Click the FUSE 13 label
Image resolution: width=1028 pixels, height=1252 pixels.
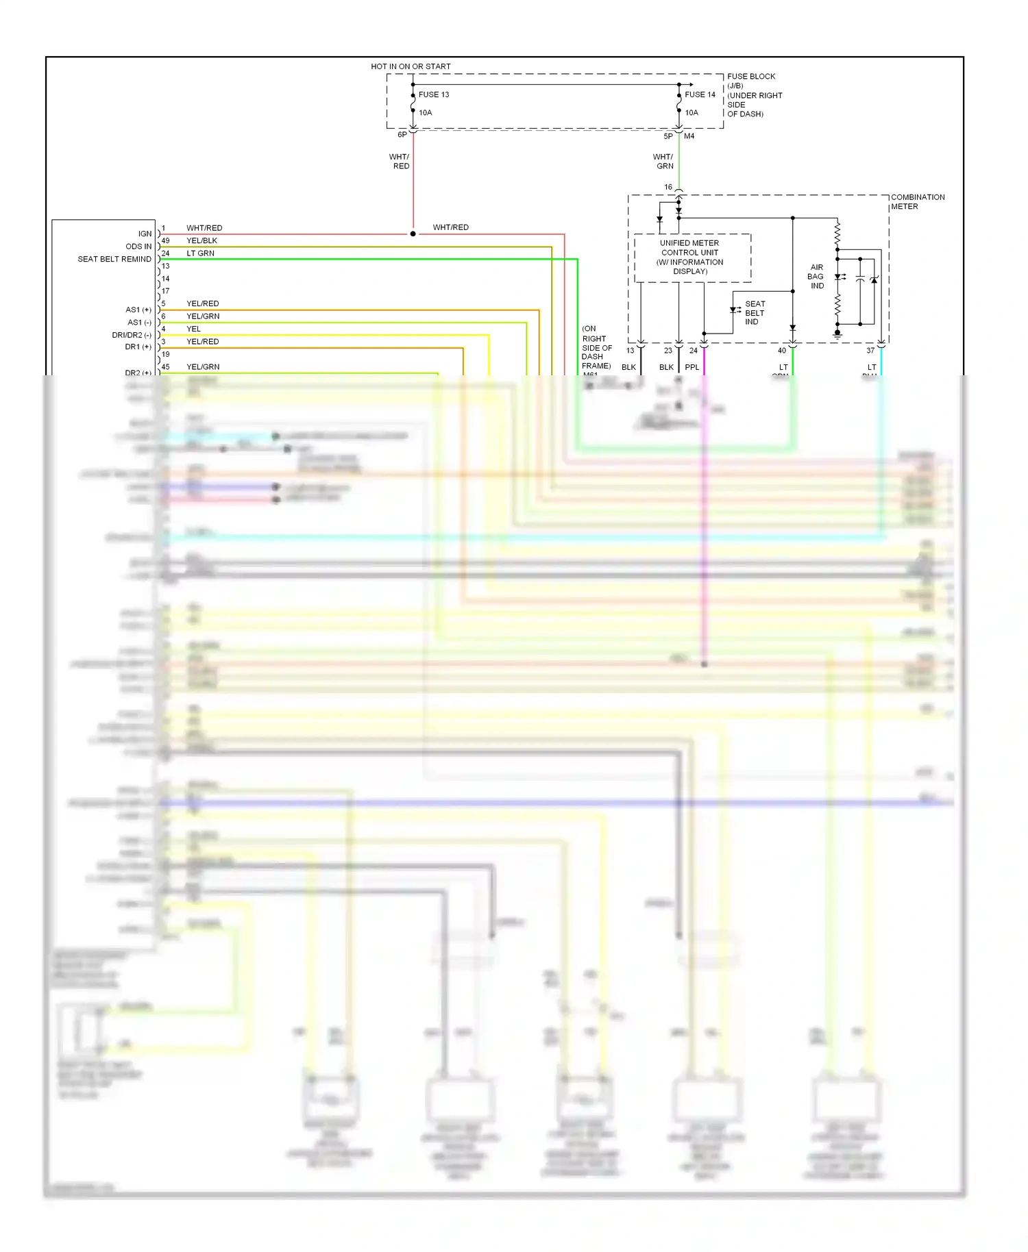coord(434,95)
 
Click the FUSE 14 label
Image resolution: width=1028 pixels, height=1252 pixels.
coord(700,95)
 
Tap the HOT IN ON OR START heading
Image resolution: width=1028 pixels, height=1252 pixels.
coord(411,66)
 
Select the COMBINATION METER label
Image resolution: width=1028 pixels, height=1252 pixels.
coord(917,201)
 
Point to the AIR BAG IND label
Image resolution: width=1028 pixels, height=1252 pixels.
coord(816,277)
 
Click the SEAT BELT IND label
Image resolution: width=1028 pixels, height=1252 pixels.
coord(755,313)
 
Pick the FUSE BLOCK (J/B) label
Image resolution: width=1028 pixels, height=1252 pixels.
coord(750,81)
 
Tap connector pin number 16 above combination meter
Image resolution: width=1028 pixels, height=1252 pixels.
coord(668,187)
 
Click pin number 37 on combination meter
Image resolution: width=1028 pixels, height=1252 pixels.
coord(870,351)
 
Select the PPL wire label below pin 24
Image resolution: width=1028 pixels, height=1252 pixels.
coord(692,368)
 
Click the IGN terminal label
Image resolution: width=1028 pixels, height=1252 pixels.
coord(145,234)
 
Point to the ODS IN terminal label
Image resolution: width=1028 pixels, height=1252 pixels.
coord(138,247)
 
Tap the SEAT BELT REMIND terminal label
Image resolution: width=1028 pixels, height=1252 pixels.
coord(114,259)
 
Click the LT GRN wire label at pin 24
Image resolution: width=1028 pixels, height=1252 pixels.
coord(200,253)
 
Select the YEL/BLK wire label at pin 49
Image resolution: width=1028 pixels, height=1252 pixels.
coord(201,241)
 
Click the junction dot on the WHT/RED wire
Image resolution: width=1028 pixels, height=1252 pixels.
coord(413,234)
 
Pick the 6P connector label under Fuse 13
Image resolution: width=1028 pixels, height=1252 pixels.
coord(402,135)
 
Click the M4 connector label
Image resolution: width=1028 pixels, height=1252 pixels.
coord(689,136)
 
